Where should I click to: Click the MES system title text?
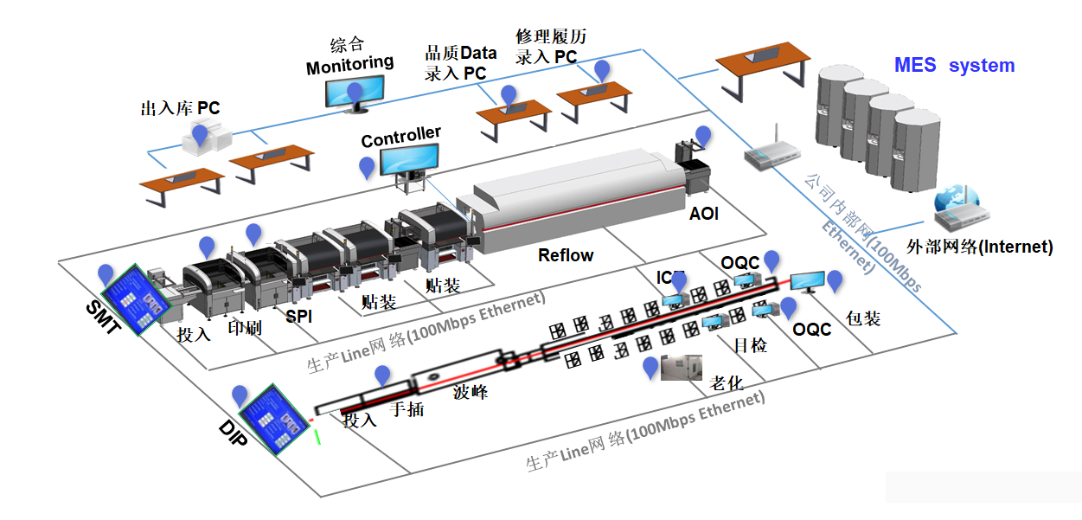click(953, 66)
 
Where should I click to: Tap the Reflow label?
click(566, 255)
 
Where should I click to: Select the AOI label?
click(704, 213)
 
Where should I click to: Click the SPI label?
click(299, 317)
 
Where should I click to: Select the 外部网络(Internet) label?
click(979, 247)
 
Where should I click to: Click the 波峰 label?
click(471, 392)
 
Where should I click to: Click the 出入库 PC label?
click(180, 109)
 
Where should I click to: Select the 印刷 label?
click(244, 330)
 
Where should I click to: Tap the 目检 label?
click(750, 346)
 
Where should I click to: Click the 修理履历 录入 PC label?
click(550, 47)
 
